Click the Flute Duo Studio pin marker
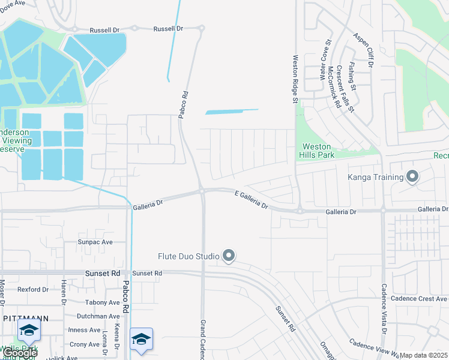228,256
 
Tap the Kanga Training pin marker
412,177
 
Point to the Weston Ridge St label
295,80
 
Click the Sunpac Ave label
95,242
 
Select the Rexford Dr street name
33,289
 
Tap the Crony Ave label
85,344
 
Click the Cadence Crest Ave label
418,298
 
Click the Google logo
19,353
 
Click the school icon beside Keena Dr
141,339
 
